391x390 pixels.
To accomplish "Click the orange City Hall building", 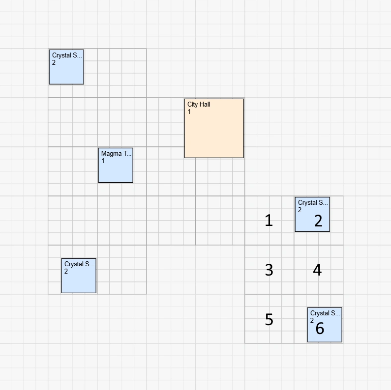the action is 214,133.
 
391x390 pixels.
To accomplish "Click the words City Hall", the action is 199,105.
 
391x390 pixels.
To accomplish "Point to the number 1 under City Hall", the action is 189,112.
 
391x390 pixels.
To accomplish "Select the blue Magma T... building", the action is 116,169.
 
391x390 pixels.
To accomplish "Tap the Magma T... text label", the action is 116,154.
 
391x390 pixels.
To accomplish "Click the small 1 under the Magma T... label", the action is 103,161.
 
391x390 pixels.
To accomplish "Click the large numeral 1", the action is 269,221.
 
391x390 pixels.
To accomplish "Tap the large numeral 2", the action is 318,222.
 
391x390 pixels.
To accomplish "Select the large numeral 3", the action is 269,270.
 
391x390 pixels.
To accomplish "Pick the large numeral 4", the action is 317,270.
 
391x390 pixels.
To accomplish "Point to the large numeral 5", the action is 269,320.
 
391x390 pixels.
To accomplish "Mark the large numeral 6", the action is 320,329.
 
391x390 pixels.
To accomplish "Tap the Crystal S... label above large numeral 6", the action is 325,313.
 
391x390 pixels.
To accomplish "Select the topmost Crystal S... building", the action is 66,71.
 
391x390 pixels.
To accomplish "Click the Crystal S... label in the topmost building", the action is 67,56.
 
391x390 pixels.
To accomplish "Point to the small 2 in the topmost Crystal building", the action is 54,62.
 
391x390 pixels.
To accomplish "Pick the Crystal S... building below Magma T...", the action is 79,280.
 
